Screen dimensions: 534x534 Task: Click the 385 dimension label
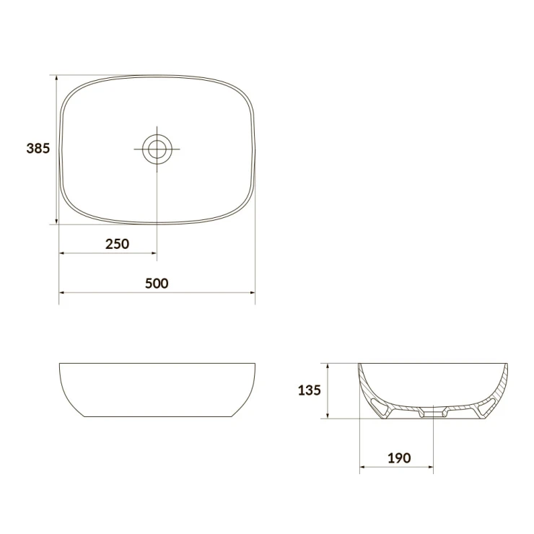coord(38,149)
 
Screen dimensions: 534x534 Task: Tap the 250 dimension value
coord(117,244)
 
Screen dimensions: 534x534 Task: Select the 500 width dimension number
coord(157,284)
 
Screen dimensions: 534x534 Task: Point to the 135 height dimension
coord(310,390)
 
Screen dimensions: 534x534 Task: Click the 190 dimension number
coord(399,458)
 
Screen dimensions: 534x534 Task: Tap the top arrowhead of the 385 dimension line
coord(56,79)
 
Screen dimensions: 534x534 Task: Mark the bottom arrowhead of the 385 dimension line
coord(56,221)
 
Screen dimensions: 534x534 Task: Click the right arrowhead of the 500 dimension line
coord(252,292)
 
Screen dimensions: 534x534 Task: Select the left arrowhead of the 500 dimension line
coord(63,292)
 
